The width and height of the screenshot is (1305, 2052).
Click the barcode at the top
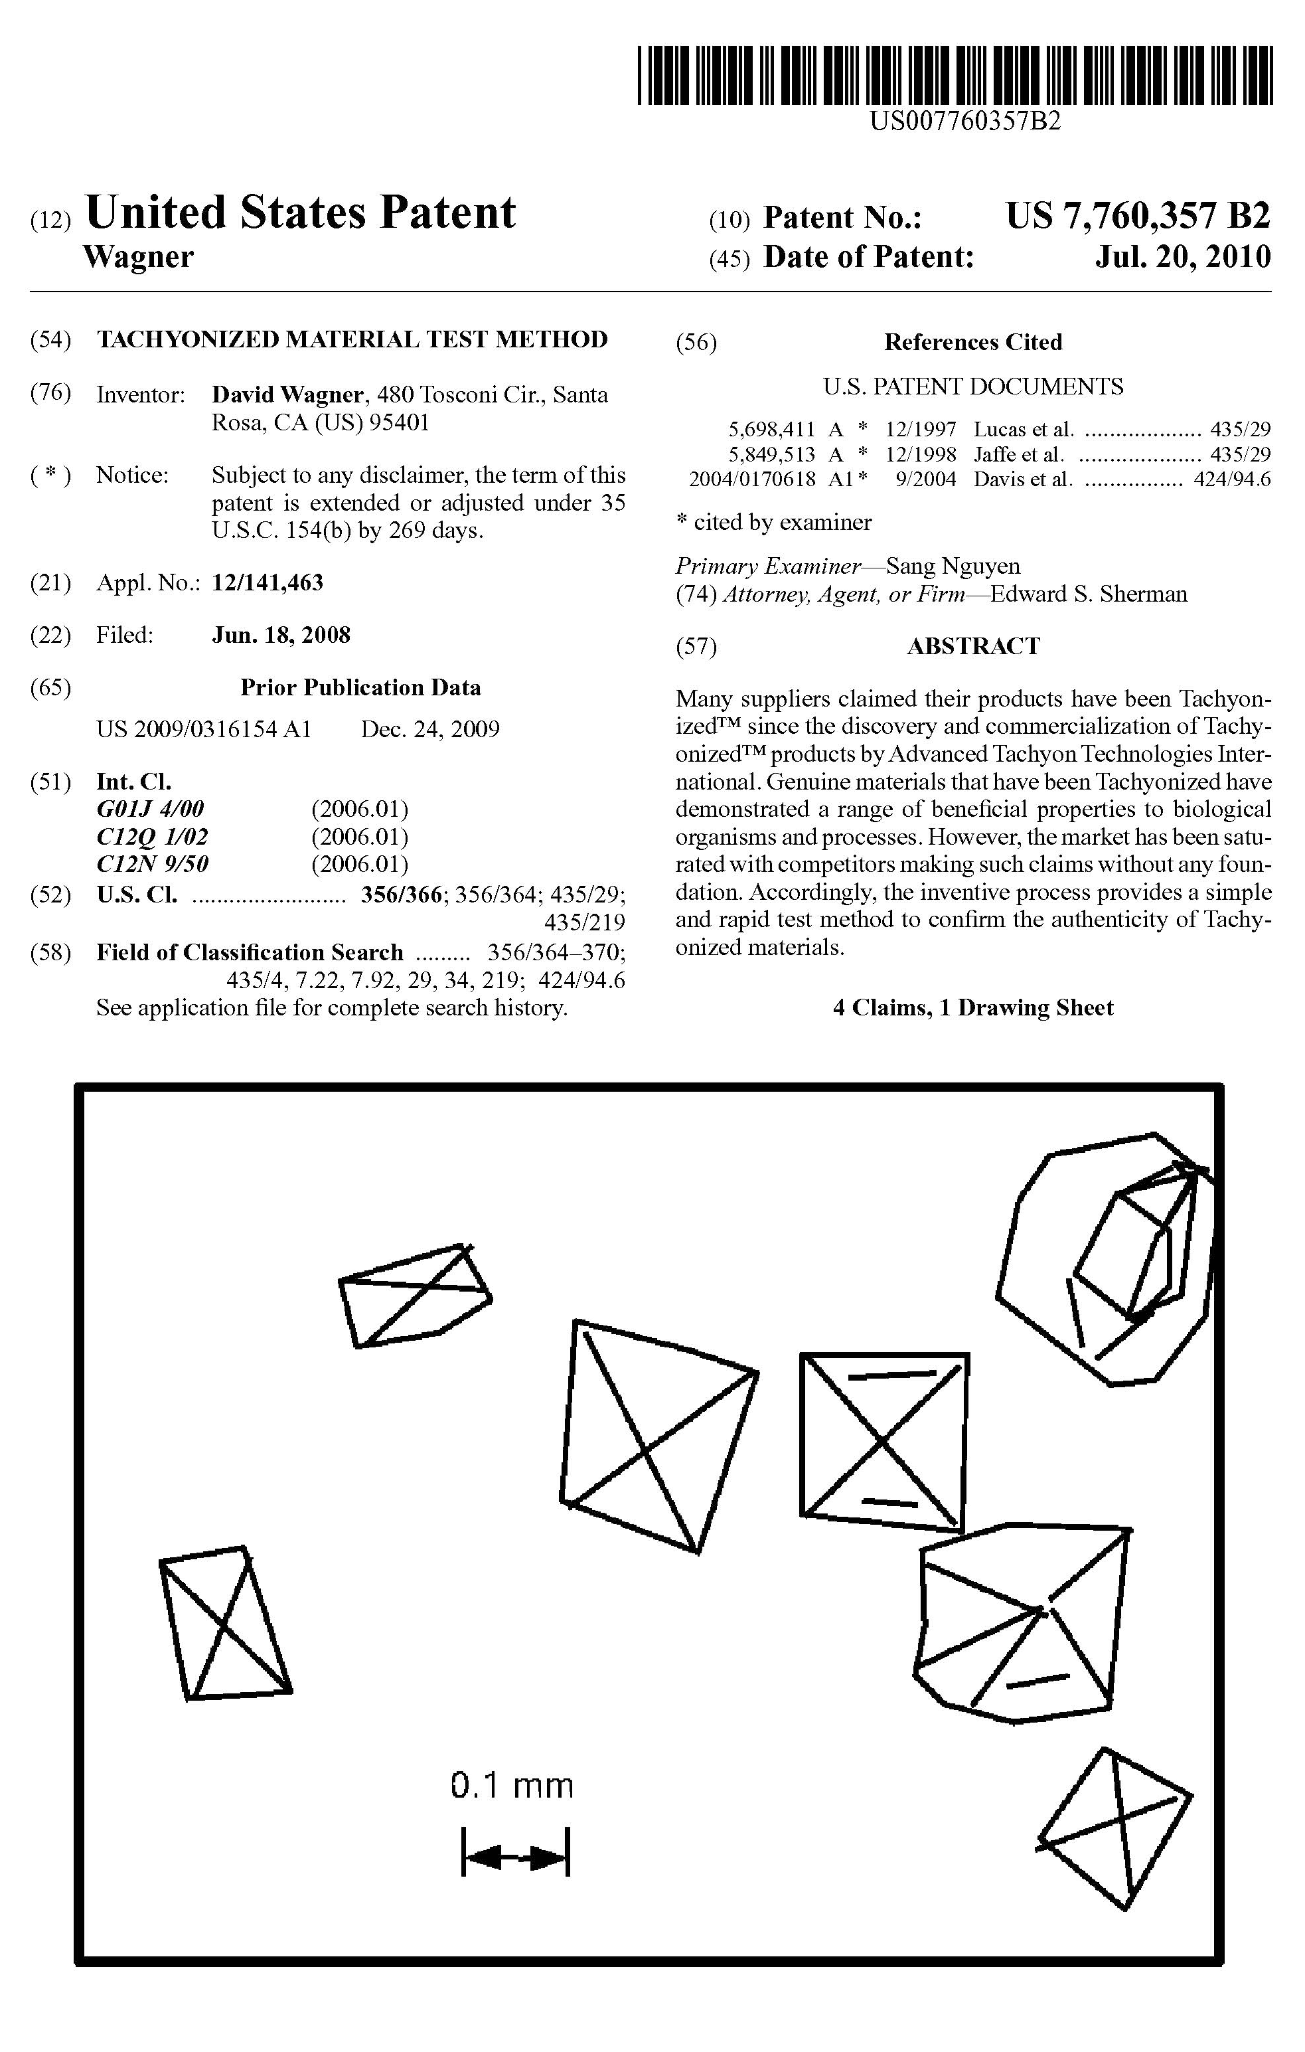tap(955, 76)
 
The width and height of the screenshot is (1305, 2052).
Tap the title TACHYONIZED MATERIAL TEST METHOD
tap(352, 339)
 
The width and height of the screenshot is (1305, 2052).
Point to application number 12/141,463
tap(268, 583)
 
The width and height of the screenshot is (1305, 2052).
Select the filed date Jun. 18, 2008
tap(281, 635)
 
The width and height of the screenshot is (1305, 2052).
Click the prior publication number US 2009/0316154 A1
tap(204, 729)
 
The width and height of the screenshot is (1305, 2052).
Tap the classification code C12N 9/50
tap(153, 863)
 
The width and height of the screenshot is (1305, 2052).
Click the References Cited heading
tap(973, 343)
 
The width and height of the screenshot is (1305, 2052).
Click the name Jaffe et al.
tap(1019, 454)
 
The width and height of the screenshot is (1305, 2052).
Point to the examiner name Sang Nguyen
tap(953, 566)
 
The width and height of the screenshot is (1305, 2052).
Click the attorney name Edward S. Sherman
tap(1088, 594)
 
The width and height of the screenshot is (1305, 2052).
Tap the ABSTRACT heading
tap(973, 646)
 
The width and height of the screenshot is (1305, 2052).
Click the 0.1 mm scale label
tap(512, 1785)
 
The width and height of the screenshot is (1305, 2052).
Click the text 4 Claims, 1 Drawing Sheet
tap(973, 1008)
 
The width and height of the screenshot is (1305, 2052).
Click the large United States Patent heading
tap(300, 213)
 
